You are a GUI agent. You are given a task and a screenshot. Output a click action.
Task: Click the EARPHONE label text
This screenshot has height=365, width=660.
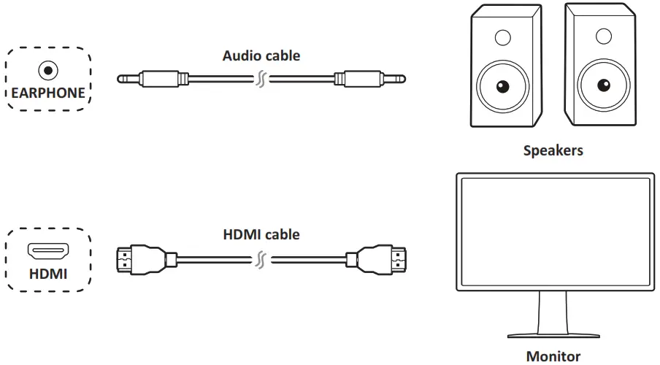point(48,93)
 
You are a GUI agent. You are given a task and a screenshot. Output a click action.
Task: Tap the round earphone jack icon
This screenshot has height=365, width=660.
point(48,71)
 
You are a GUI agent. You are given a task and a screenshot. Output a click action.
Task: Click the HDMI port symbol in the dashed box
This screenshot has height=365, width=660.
point(48,252)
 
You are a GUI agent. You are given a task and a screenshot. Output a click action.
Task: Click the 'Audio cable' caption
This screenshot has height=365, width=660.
point(261,55)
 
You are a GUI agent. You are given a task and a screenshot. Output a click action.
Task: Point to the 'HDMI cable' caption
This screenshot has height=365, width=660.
point(261,235)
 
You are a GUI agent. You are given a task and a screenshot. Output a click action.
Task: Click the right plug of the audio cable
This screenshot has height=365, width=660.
point(372,78)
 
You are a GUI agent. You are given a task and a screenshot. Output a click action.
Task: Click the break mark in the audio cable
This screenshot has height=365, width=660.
point(261,78)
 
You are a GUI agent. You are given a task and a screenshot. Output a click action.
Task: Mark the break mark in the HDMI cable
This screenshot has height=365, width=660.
point(261,258)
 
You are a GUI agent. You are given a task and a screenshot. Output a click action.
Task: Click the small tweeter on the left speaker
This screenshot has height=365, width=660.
point(502,36)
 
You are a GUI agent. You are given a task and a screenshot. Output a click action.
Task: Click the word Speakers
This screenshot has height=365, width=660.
point(553,151)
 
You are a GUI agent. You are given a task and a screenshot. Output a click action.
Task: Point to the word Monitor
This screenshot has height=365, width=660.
point(553,356)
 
